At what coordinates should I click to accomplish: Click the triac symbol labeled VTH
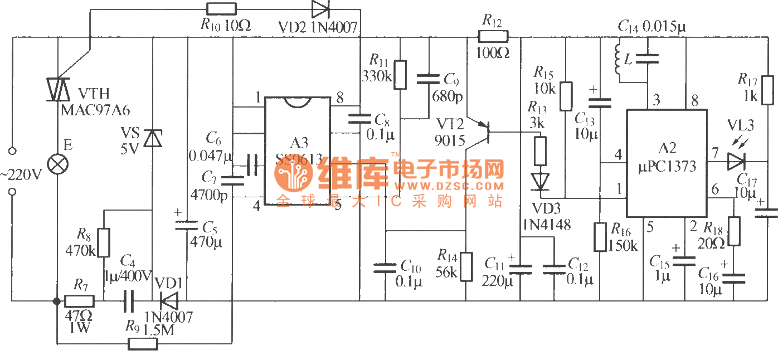coord(57,89)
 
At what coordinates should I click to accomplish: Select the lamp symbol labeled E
coord(57,166)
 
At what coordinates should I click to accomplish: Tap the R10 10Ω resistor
coord(221,9)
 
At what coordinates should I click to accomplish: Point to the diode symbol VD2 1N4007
coord(320,9)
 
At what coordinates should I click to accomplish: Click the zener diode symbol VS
coord(152,137)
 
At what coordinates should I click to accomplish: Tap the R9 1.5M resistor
coord(143,344)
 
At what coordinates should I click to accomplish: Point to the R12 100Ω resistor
coord(493,37)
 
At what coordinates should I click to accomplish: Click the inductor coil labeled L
coord(617,58)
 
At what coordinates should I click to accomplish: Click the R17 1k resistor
coord(767,90)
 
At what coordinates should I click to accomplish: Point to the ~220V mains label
coord(21,174)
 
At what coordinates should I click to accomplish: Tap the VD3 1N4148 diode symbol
coord(539,181)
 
